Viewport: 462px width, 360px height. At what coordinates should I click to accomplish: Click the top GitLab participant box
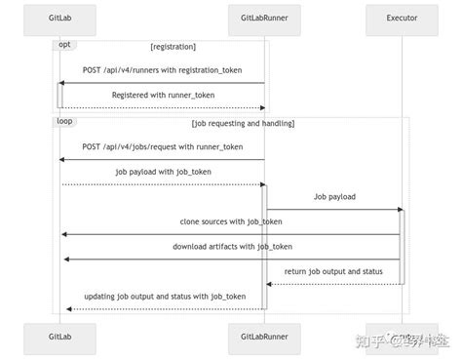pos(59,19)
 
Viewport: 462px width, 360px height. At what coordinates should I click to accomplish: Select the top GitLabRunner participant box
pos(263,19)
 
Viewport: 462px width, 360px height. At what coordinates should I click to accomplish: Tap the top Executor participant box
pos(401,19)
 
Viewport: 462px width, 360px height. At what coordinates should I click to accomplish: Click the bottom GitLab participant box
pos(59,339)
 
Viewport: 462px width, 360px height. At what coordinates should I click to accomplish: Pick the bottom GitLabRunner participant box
pos(263,339)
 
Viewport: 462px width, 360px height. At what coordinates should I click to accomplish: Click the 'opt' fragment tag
pos(65,45)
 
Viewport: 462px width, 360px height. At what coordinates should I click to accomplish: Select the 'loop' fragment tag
pos(66,122)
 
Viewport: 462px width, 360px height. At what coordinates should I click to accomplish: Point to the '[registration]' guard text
pos(173,47)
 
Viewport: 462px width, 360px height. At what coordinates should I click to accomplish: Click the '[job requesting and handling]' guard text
pos(243,124)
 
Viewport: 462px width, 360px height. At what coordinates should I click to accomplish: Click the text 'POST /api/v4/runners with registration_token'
pos(162,70)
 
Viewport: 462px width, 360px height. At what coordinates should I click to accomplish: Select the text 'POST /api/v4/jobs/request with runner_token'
pos(162,147)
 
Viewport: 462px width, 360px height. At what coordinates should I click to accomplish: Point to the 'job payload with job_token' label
pos(162,172)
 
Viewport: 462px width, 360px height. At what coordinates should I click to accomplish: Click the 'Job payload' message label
pos(334,196)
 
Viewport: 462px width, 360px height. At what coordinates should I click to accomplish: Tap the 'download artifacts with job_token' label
pos(233,246)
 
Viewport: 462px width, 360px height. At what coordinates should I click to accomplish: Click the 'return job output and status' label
pos(334,271)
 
